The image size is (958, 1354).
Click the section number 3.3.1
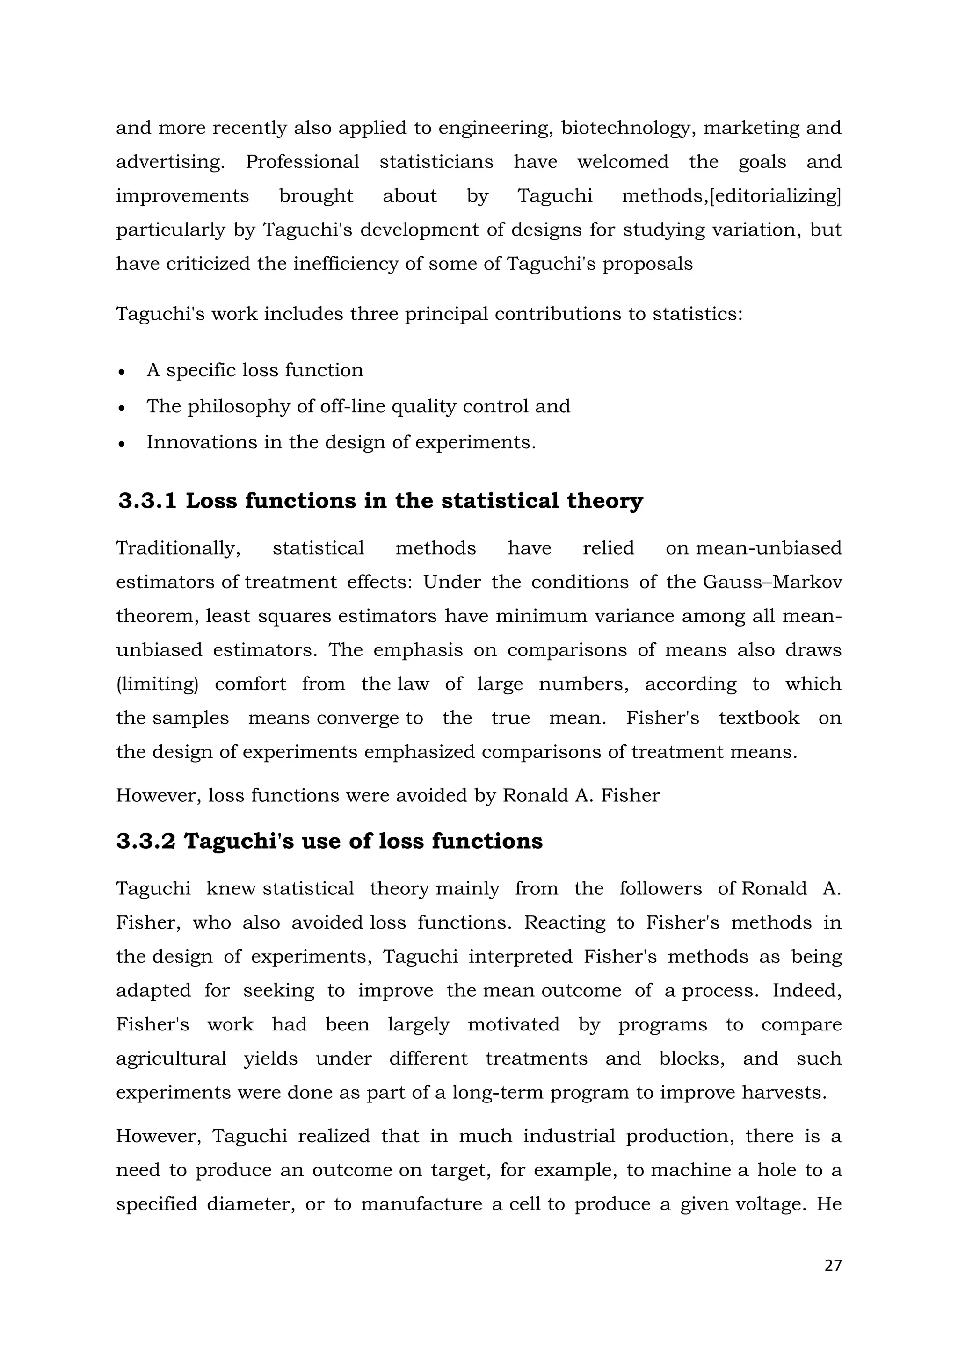tap(147, 501)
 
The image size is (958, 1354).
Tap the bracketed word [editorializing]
tap(776, 196)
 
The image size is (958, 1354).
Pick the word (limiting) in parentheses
tap(157, 684)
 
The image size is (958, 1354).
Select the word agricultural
tap(171, 1059)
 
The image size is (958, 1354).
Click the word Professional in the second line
tap(302, 162)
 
